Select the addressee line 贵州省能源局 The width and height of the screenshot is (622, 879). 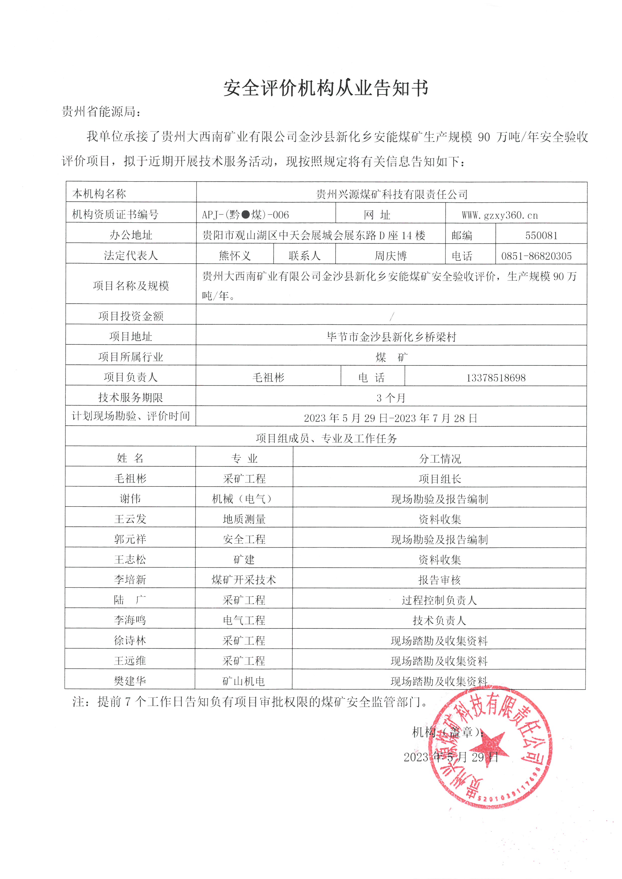click(102, 112)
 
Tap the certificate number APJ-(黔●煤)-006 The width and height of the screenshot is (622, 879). click(246, 215)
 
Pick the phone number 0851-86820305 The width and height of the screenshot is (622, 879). click(536, 256)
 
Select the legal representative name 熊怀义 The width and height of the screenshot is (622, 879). click(235, 255)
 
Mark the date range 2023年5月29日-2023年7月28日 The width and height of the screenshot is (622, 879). click(391, 418)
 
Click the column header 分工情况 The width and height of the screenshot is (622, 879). click(440, 459)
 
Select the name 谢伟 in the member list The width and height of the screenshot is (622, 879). click(130, 499)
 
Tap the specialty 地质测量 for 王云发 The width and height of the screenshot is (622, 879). click(244, 519)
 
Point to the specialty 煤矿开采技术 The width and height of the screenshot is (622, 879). click(244, 580)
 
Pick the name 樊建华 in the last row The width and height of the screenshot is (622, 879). click(130, 681)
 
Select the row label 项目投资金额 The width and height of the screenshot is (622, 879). click(131, 316)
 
